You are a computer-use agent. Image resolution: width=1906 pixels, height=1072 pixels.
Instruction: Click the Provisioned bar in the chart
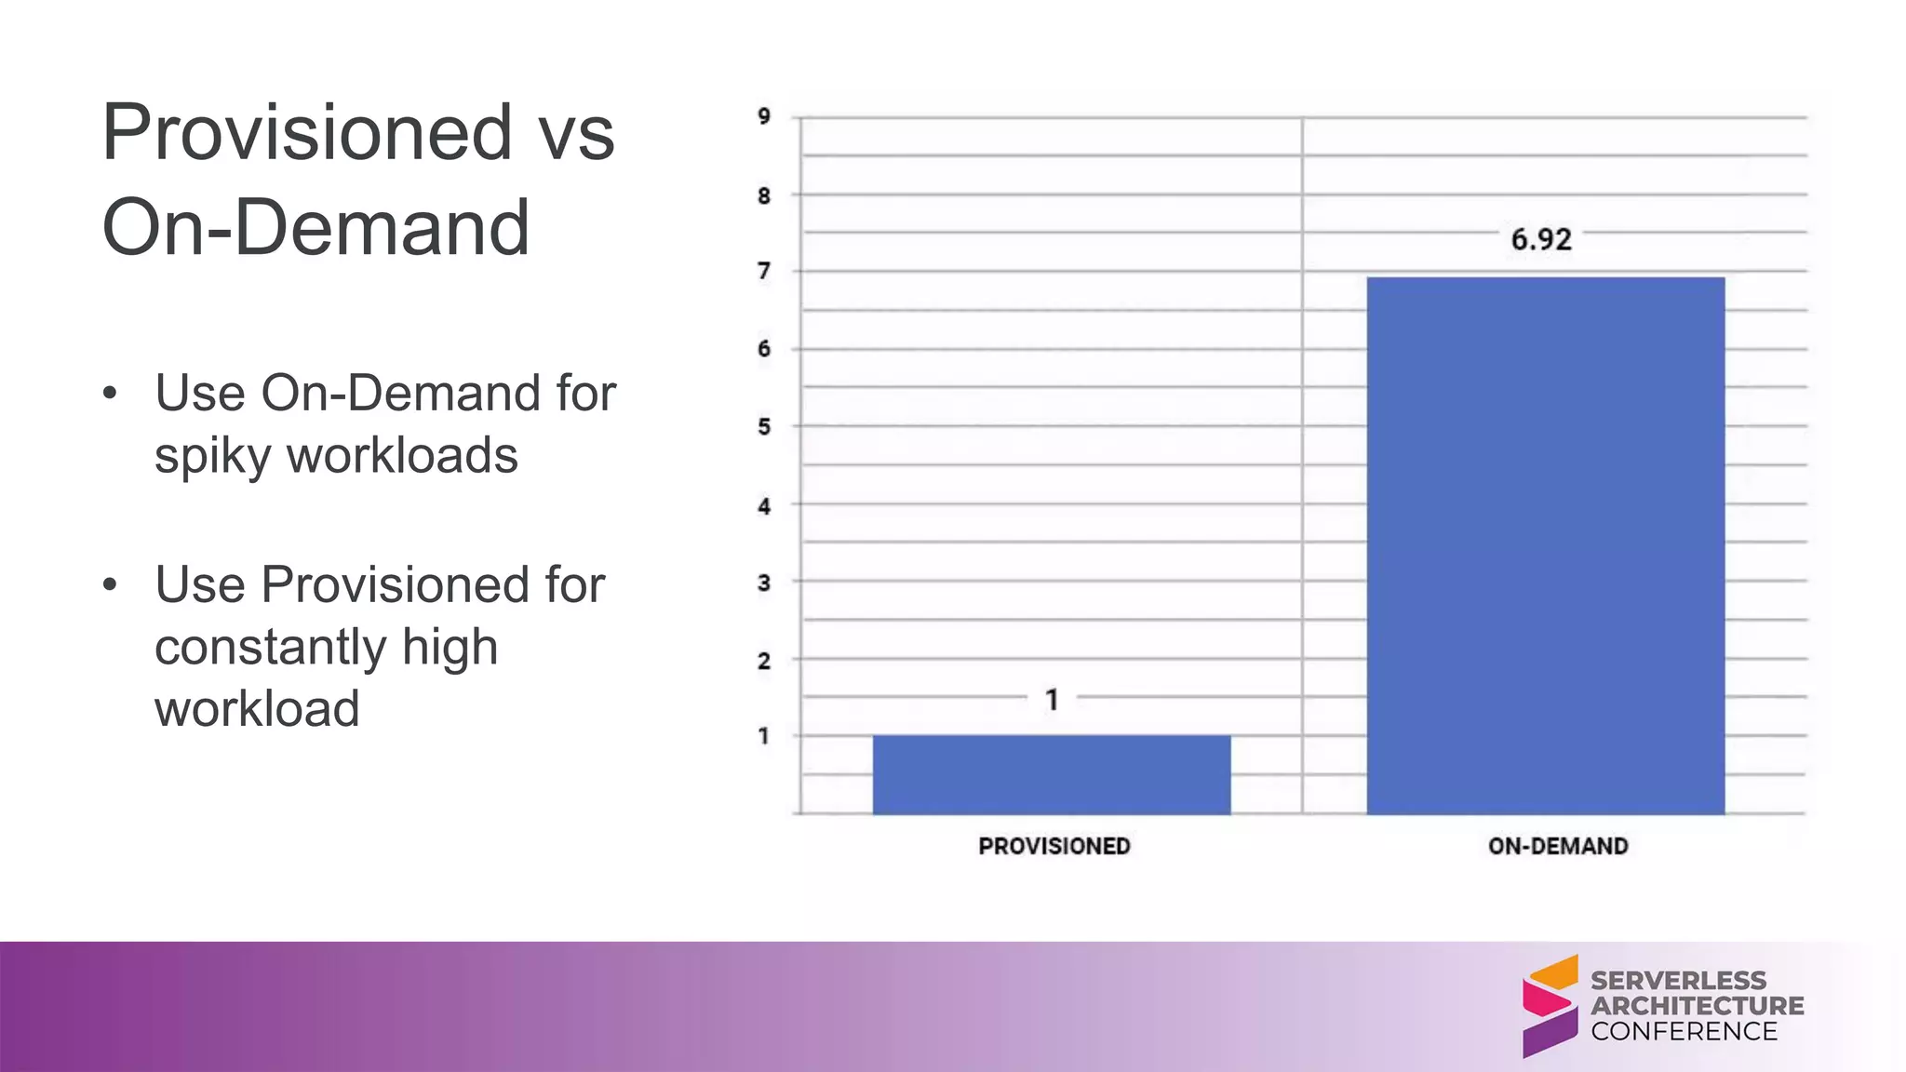coord(1052,774)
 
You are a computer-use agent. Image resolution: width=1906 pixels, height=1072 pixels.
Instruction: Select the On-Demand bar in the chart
coord(1545,545)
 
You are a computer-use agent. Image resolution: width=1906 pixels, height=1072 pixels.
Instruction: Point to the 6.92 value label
coord(1541,240)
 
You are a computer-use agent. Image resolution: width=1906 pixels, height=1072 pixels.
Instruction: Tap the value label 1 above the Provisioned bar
coord(1052,700)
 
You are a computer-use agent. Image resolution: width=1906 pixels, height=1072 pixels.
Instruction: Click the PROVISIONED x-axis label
coord(1054,846)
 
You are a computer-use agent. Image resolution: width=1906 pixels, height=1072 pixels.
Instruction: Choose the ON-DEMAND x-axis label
coord(1558,846)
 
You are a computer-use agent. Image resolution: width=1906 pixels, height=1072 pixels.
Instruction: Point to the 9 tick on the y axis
coord(764,117)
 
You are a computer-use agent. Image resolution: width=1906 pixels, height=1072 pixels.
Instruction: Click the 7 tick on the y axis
coord(764,272)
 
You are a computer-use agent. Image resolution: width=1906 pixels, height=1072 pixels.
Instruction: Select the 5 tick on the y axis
coord(764,427)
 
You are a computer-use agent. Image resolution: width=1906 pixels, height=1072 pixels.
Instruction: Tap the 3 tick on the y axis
coord(764,583)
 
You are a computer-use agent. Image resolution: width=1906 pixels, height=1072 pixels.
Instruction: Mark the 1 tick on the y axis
coord(764,736)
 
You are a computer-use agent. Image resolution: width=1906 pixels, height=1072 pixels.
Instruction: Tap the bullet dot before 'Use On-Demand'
coord(111,394)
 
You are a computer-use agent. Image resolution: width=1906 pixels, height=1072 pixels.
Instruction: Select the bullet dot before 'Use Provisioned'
coord(111,585)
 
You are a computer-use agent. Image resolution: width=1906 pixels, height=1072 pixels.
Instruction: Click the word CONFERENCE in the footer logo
coord(1684,1031)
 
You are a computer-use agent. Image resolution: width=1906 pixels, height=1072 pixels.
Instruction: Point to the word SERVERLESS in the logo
coord(1678,980)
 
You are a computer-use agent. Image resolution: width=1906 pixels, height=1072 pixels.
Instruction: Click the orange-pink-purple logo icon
coord(1550,1006)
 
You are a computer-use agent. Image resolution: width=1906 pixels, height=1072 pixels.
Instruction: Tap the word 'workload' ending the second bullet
coord(257,709)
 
